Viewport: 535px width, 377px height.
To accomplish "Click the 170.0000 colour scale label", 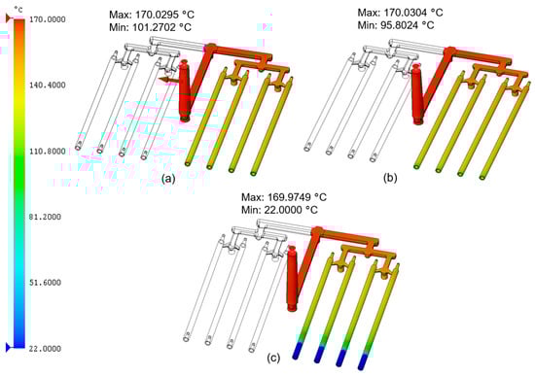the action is (48, 19).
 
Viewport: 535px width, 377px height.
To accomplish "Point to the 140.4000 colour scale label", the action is (48, 85).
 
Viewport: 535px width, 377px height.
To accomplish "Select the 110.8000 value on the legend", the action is (48, 151).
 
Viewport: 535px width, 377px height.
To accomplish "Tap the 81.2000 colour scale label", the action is (46, 217).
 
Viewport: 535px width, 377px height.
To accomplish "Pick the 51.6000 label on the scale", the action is (46, 283).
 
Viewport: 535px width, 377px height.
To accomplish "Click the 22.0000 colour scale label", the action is (46, 349).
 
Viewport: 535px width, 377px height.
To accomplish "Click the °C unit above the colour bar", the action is (18, 9).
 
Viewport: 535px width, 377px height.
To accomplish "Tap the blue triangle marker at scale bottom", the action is (9, 348).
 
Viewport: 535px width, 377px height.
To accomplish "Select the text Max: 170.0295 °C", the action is (152, 15).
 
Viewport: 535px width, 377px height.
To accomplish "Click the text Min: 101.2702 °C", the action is (151, 27).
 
